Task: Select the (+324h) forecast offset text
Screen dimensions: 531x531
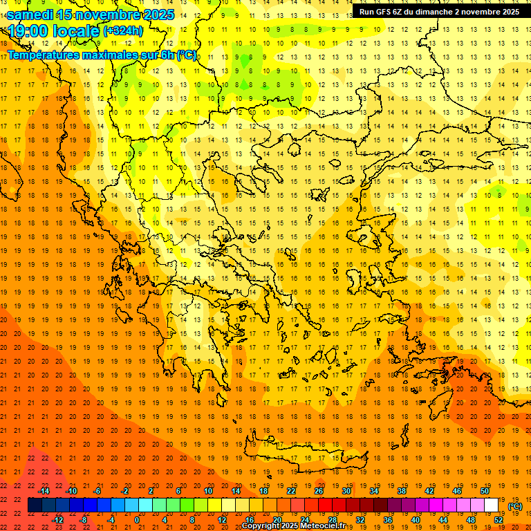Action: tap(123, 31)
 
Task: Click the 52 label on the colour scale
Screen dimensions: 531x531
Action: tap(499, 519)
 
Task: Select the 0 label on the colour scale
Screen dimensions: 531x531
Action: tap(136, 519)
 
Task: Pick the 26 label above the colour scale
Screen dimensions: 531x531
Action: tap(319, 490)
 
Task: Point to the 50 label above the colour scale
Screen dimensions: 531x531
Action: tap(485, 490)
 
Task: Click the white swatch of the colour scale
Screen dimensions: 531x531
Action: tap(491, 505)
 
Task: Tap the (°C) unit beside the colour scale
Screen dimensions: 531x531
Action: tap(515, 506)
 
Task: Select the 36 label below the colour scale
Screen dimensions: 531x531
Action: tap(388, 519)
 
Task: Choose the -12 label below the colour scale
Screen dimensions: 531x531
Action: tap(57, 519)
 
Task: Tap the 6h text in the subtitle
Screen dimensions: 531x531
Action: tap(167, 55)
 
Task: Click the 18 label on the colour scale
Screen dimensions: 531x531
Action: tap(263, 490)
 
